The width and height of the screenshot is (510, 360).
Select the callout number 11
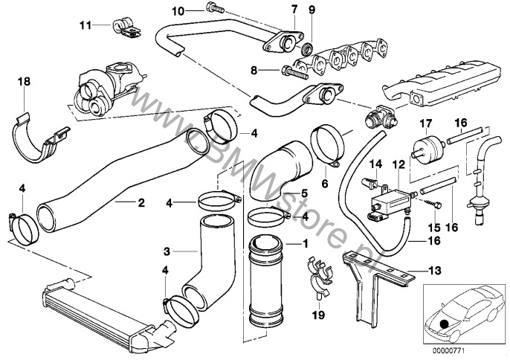(86, 25)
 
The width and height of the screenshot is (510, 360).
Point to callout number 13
(433, 270)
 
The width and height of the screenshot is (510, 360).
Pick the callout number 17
(426, 123)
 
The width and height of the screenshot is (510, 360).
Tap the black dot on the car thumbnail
(445, 322)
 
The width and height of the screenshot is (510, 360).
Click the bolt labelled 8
(294, 71)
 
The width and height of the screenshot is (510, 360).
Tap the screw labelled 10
(210, 10)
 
